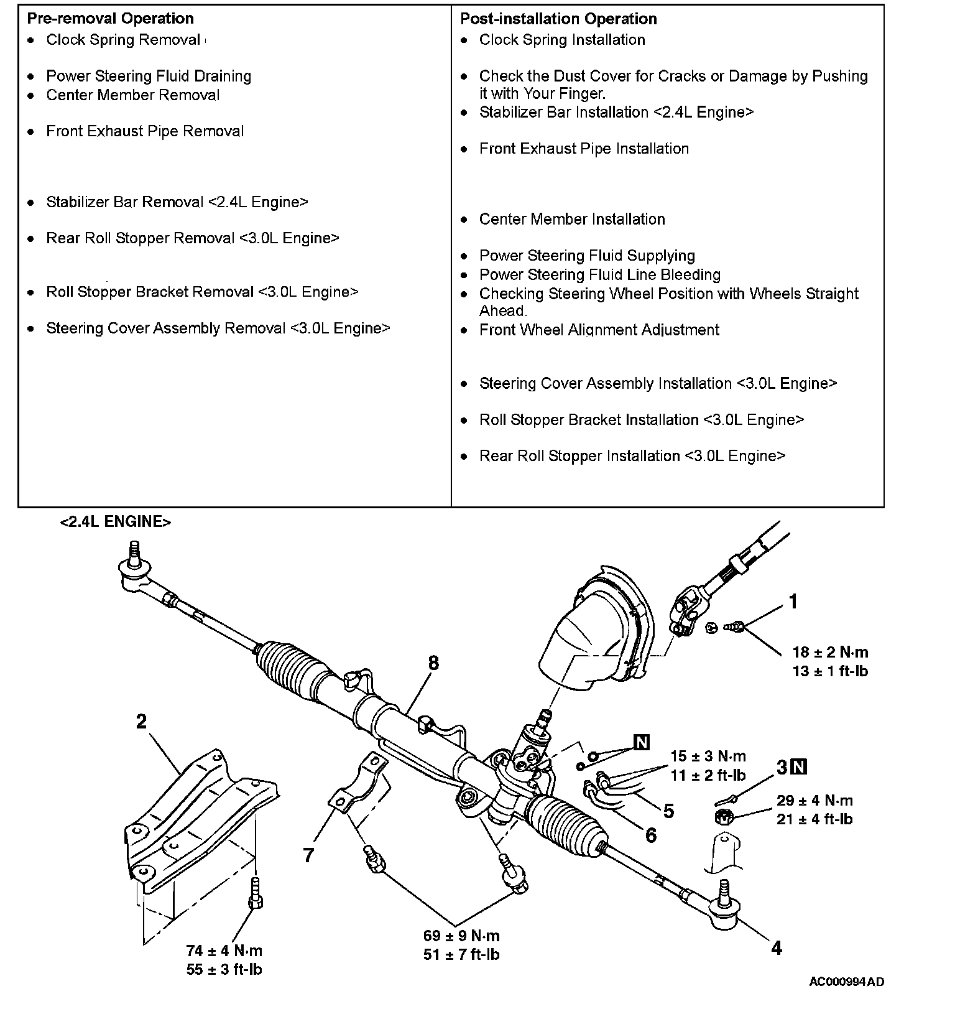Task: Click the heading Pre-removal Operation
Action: [110, 19]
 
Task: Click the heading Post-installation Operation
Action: [558, 19]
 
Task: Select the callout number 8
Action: [433, 663]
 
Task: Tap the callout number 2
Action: [141, 722]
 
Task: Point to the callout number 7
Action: [308, 855]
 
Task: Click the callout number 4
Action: [777, 948]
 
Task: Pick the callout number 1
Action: [793, 602]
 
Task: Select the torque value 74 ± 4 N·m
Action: [224, 951]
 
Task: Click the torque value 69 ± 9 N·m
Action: [461, 936]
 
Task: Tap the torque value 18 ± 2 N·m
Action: [830, 653]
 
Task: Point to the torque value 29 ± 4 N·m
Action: [814, 801]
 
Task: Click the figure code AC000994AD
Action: [846, 982]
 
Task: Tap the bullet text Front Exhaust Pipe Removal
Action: [145, 131]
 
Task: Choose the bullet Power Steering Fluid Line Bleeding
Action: [599, 275]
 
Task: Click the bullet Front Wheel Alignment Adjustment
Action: [599, 330]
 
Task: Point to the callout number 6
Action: [650, 835]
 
